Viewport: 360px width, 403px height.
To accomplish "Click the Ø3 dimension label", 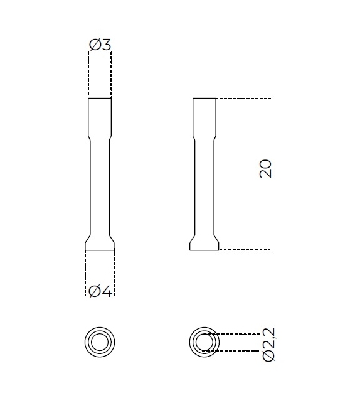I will (x=100, y=45).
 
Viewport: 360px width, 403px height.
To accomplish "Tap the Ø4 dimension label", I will (x=100, y=291).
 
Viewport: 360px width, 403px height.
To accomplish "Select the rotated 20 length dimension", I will (x=265, y=168).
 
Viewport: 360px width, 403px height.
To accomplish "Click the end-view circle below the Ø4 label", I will (x=100, y=342).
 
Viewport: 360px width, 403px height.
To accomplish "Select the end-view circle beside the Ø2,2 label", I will (x=204, y=342).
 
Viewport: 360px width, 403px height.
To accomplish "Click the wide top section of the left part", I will (x=100, y=116).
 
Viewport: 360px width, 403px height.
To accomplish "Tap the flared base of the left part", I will (x=100, y=244).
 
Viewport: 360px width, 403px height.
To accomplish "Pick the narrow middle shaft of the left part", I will (x=100, y=188).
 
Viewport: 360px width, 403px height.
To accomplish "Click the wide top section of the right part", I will (x=204, y=116).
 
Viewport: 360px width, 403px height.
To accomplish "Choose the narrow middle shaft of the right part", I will (x=204, y=188).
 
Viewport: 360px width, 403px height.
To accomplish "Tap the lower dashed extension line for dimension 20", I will (x=245, y=250).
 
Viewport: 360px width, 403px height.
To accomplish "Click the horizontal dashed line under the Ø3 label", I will (x=100, y=52).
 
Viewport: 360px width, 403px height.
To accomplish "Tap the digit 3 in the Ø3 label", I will (x=106, y=45).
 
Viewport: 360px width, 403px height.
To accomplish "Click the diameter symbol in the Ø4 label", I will (x=94, y=291).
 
